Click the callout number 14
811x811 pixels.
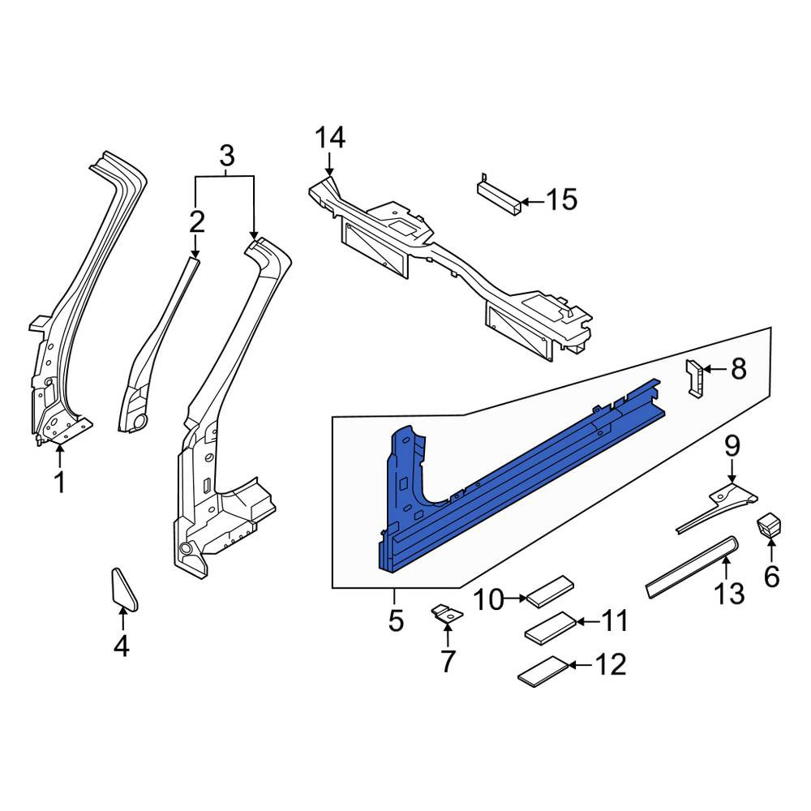(330, 138)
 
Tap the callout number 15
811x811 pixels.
(562, 200)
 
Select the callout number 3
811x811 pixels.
(227, 155)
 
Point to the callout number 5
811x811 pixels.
(396, 620)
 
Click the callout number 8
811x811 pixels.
(739, 369)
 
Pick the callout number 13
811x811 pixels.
(729, 594)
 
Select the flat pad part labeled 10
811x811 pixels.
(550, 590)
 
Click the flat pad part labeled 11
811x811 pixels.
(551, 628)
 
